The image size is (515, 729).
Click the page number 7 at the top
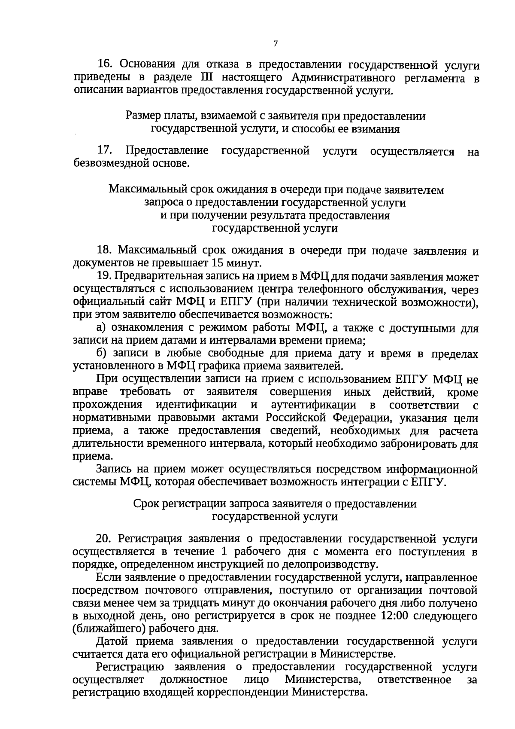click(276, 44)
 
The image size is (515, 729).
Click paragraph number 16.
click(105, 64)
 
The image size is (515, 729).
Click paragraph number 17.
click(106, 151)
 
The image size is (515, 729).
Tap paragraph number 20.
click(106, 539)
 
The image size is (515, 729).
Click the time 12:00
click(396, 616)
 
